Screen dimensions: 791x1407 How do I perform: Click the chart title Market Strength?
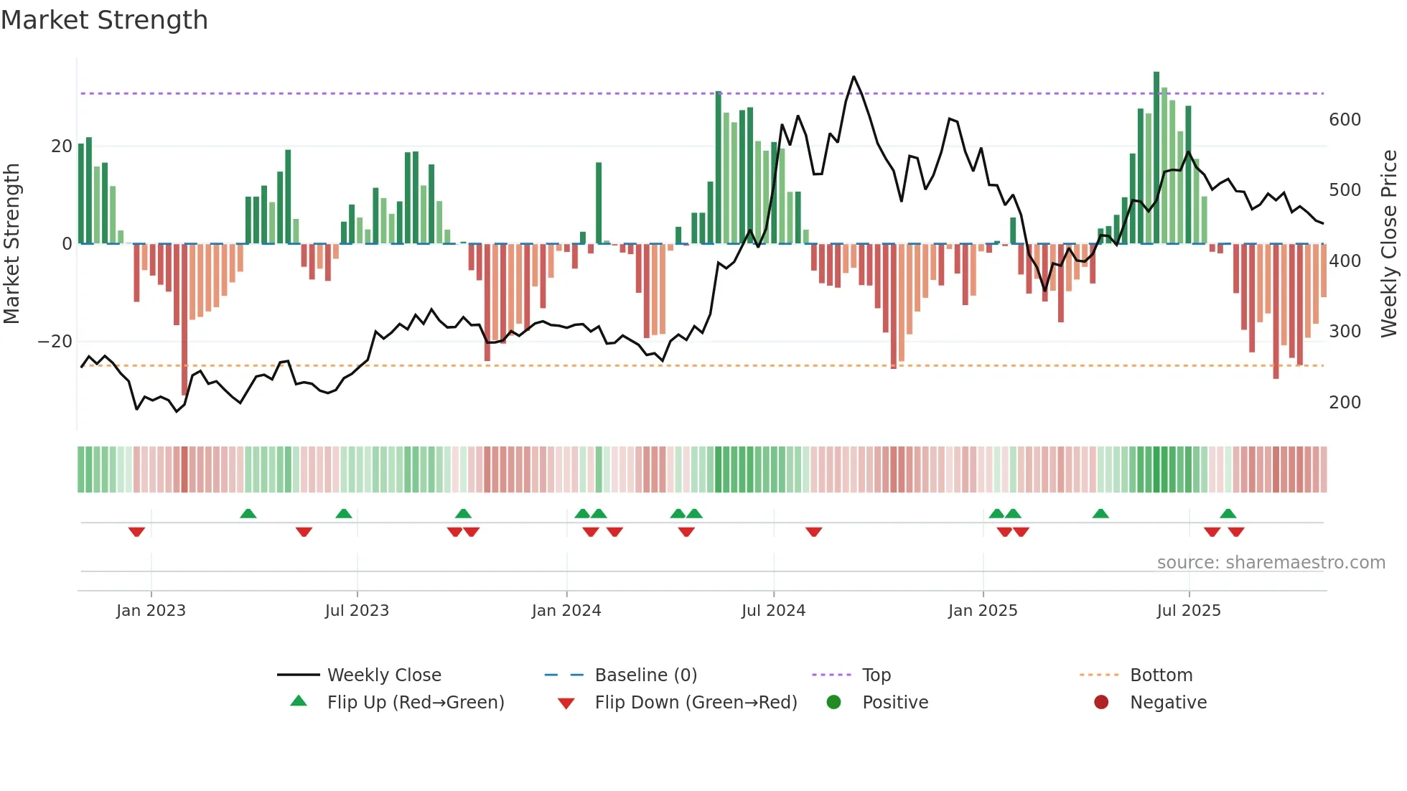pyautogui.click(x=104, y=20)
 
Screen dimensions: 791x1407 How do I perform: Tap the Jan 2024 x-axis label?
pyautogui.click(x=566, y=611)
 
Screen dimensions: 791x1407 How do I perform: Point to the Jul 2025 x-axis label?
pyautogui.click(x=1188, y=611)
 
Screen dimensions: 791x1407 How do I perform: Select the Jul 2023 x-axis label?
pyautogui.click(x=357, y=611)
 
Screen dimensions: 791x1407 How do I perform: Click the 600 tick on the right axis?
pyautogui.click(x=1344, y=120)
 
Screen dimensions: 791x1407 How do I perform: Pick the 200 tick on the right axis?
pyautogui.click(x=1344, y=403)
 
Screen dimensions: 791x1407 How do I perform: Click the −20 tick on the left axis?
pyautogui.click(x=55, y=342)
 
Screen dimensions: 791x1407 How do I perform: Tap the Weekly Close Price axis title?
pyautogui.click(x=1389, y=244)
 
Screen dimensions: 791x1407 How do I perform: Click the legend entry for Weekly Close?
pyautogui.click(x=383, y=675)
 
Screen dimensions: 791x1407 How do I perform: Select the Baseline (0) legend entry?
pyautogui.click(x=645, y=675)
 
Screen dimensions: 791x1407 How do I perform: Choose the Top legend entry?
pyautogui.click(x=876, y=675)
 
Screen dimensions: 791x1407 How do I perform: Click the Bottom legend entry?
pyautogui.click(x=1160, y=675)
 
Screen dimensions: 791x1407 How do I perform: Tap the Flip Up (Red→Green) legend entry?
pyautogui.click(x=415, y=703)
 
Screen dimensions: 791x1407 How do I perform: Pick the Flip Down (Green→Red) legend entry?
pyautogui.click(x=695, y=703)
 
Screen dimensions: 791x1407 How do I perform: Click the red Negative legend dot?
pyautogui.click(x=1100, y=702)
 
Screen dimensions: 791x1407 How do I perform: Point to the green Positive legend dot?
pyautogui.click(x=833, y=702)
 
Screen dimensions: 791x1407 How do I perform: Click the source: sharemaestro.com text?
pyautogui.click(x=1271, y=563)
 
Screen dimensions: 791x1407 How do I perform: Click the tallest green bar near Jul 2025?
pyautogui.click(x=1156, y=158)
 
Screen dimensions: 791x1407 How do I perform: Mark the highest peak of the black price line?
pyautogui.click(x=854, y=77)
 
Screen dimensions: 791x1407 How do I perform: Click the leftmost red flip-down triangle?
pyautogui.click(x=136, y=532)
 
